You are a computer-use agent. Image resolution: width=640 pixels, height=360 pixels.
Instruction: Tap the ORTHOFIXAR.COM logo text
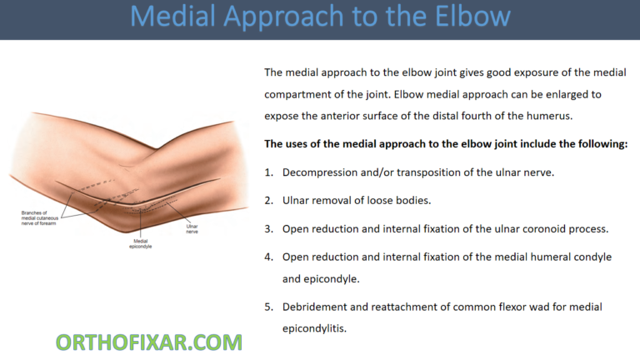click(x=149, y=342)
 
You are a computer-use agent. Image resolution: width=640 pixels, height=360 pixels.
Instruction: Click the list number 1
click(x=268, y=172)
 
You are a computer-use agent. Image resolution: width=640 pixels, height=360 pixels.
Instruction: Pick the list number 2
click(x=268, y=201)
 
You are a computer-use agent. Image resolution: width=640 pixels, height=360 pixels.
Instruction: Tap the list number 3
click(x=268, y=229)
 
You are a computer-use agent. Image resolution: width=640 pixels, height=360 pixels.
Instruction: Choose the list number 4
click(x=268, y=257)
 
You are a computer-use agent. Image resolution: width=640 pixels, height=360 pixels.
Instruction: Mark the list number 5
click(x=268, y=307)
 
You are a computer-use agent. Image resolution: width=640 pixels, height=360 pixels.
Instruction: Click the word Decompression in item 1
click(x=322, y=172)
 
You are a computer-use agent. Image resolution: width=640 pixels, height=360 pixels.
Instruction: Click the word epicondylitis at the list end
click(x=315, y=329)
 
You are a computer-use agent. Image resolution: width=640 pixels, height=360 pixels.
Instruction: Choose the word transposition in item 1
click(x=429, y=172)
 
